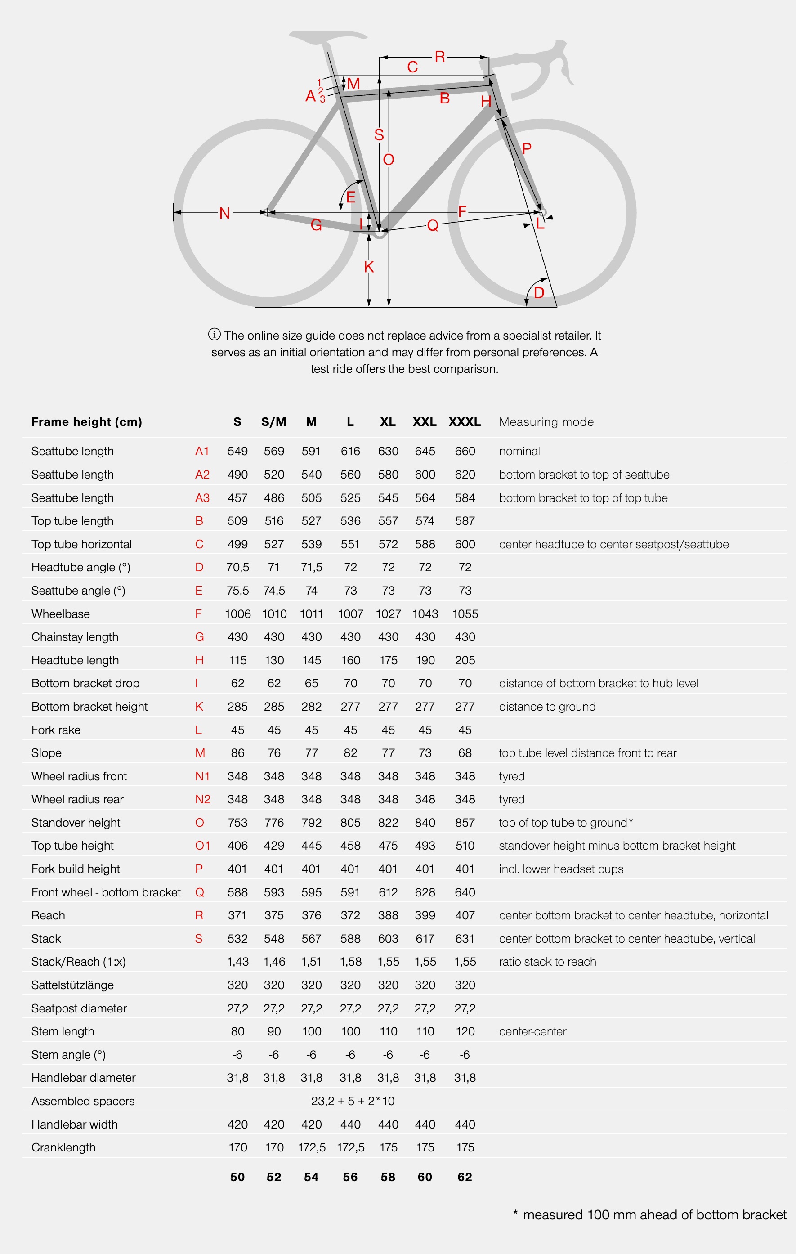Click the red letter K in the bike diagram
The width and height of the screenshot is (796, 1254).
[369, 267]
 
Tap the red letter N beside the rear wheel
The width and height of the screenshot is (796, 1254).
[224, 213]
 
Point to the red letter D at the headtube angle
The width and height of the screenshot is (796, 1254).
[539, 293]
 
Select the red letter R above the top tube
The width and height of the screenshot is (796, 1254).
[440, 57]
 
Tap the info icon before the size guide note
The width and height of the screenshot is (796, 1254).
[214, 334]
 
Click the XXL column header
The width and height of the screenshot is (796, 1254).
[425, 422]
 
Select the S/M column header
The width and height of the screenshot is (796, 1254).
[274, 422]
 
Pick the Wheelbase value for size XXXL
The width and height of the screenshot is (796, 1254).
[465, 614]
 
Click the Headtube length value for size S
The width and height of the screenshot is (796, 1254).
[237, 660]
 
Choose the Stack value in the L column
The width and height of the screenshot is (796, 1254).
[350, 938]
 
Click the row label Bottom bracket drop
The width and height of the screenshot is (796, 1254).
[85, 683]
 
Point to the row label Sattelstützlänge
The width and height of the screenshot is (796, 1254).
[72, 985]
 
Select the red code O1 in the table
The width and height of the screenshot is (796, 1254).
[202, 846]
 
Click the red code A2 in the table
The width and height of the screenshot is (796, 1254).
[202, 475]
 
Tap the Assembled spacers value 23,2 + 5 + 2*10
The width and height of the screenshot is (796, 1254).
[353, 1101]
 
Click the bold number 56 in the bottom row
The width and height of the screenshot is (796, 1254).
[350, 1177]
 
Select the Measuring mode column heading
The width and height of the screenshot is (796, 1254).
[546, 422]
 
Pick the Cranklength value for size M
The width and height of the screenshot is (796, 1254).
[311, 1147]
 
